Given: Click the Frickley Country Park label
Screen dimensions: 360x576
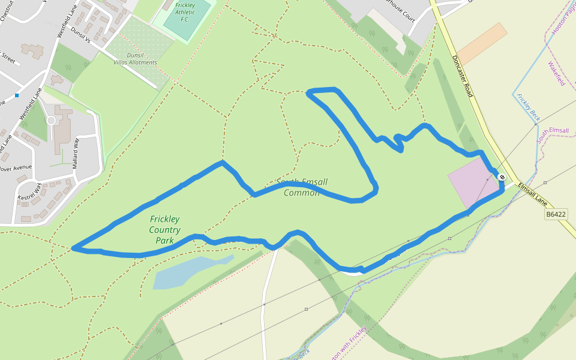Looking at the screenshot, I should tap(164, 230).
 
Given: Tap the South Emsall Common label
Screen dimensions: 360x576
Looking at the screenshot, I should tap(302, 187).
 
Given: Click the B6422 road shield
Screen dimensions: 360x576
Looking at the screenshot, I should tap(556, 214).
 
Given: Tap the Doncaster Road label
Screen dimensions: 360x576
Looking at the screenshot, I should tap(463, 75).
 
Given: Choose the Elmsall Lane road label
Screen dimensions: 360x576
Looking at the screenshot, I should tap(532, 191).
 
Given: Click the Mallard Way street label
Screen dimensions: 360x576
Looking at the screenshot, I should tap(76, 152).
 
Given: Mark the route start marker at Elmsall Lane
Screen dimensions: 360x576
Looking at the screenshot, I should tap(502, 177).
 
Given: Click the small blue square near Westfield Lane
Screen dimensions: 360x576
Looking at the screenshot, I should tap(17, 95).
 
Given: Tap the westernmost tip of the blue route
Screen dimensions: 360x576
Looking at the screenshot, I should tap(73, 247).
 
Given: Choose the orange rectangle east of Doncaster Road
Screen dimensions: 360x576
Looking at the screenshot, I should tap(482, 43).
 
